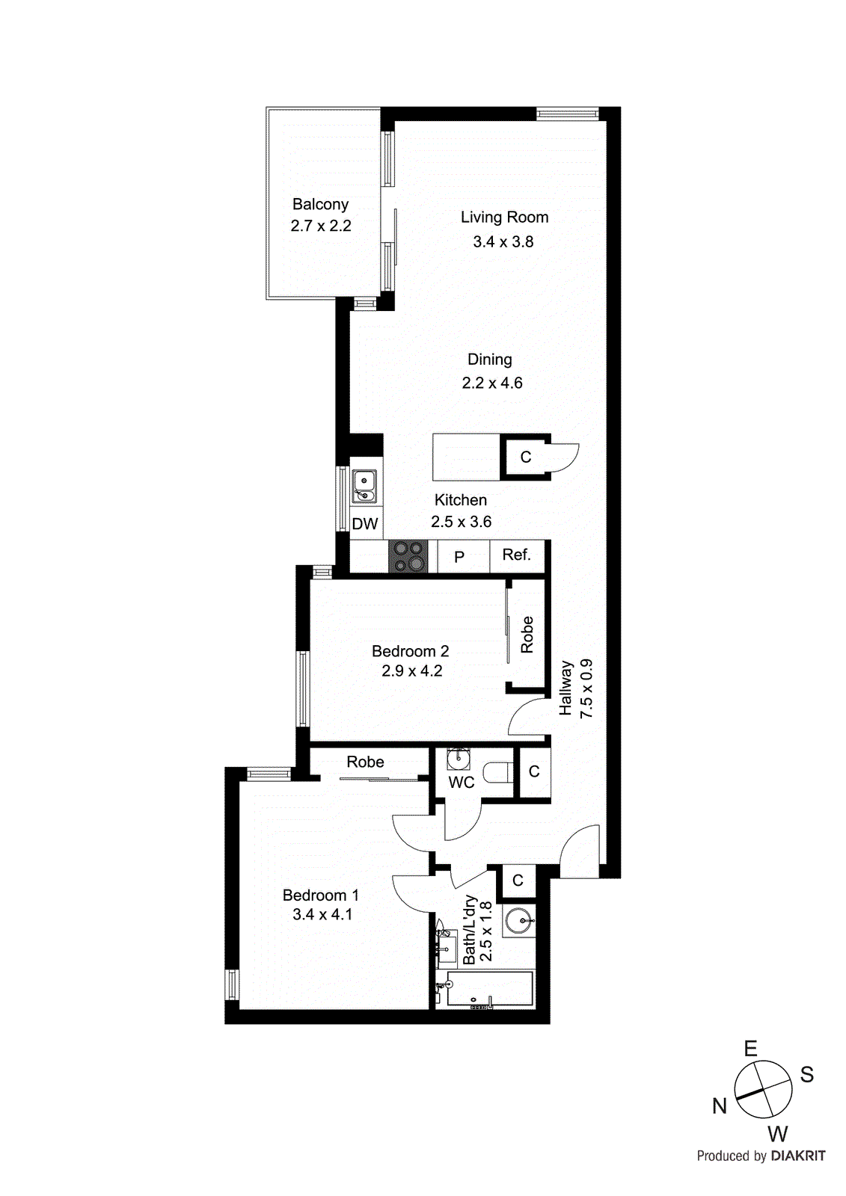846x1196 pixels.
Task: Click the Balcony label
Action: [320, 204]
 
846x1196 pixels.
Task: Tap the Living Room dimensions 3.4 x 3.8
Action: [503, 241]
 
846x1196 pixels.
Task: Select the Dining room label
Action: [490, 359]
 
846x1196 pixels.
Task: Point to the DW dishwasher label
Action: [365, 524]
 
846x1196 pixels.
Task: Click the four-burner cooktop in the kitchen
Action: [408, 557]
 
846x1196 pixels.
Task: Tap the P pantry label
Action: [459, 557]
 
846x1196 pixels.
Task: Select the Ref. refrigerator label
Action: [516, 555]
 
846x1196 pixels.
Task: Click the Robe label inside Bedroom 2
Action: [527, 635]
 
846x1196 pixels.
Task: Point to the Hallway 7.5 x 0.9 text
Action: [576, 688]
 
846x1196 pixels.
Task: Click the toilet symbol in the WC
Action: [497, 771]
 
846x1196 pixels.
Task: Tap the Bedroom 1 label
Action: [321, 895]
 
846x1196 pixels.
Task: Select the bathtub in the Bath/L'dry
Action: [490, 990]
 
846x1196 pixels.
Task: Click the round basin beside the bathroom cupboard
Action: [518, 920]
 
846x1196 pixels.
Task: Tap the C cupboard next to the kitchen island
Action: [526, 457]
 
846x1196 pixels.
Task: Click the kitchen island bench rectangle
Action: [466, 457]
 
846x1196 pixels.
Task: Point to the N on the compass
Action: [720, 1106]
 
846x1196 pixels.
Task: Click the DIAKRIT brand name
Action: [798, 1156]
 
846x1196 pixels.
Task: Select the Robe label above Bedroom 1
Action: [365, 762]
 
